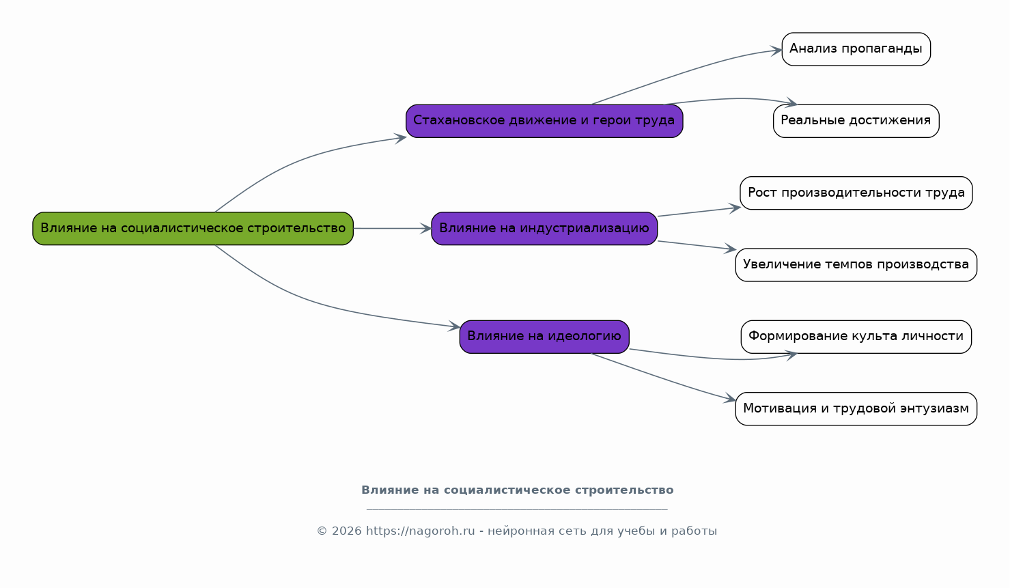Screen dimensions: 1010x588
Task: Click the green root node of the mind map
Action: tap(193, 229)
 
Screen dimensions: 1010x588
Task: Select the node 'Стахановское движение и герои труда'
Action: tap(544, 121)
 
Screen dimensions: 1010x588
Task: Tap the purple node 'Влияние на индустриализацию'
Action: tap(544, 229)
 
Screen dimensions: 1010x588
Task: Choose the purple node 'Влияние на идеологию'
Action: tap(544, 337)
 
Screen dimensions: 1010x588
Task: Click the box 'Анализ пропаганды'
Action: tap(856, 49)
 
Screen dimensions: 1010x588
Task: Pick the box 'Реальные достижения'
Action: tap(856, 121)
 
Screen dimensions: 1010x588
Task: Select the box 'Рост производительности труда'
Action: tap(856, 193)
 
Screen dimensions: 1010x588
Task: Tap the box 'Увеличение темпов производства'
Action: tap(856, 265)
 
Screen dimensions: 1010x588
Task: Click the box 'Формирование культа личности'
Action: tap(856, 337)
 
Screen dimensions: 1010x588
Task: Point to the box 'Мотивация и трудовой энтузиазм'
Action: tap(856, 408)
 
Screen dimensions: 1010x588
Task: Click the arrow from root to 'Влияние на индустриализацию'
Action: tap(392, 229)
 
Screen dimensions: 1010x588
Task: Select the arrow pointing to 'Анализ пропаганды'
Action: tap(686, 72)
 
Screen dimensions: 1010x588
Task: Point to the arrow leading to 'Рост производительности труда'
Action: tap(699, 212)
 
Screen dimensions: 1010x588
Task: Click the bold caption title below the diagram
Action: tap(517, 490)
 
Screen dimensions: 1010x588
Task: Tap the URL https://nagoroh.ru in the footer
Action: tap(420, 531)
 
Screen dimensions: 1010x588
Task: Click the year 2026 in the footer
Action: tap(346, 531)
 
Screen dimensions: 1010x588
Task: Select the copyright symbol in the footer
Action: tap(322, 531)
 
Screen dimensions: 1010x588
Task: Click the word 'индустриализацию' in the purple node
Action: tap(585, 229)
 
